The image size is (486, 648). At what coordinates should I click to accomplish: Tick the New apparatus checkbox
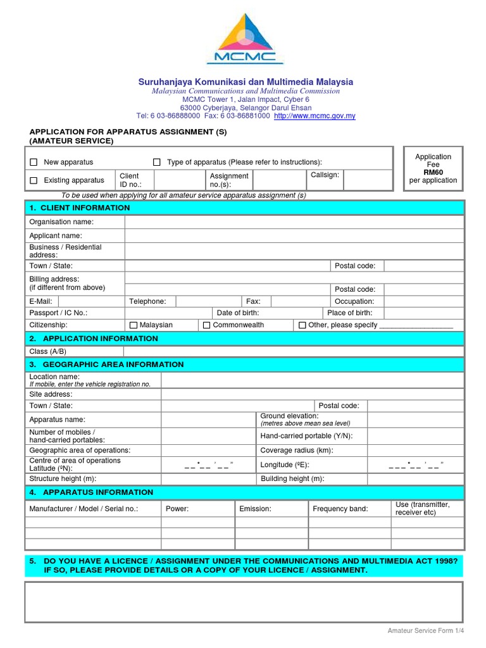pyautogui.click(x=34, y=163)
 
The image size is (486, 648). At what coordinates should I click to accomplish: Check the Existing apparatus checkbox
pyautogui.click(x=34, y=181)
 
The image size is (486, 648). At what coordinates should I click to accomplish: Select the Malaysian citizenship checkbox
pyautogui.click(x=133, y=325)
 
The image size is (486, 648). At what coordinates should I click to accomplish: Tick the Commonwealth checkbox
pyautogui.click(x=206, y=325)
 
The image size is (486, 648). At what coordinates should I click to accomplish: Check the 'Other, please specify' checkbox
pyautogui.click(x=302, y=325)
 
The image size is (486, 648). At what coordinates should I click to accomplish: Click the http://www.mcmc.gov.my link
pyautogui.click(x=315, y=116)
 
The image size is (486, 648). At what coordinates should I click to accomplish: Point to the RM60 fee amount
pyautogui.click(x=433, y=172)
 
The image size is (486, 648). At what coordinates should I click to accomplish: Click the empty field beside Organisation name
pyautogui.click(x=294, y=222)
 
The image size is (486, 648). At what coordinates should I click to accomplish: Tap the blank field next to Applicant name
pyautogui.click(x=294, y=236)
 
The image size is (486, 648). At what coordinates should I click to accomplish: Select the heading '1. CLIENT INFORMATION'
pyautogui.click(x=79, y=208)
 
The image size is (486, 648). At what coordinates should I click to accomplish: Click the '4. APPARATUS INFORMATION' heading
pyautogui.click(x=91, y=492)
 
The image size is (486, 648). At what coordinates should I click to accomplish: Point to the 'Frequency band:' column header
pyautogui.click(x=340, y=509)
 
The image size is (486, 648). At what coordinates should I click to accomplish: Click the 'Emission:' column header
pyautogui.click(x=255, y=509)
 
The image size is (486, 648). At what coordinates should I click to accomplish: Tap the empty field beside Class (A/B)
pyautogui.click(x=294, y=352)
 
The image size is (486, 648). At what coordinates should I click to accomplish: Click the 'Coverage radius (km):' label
pyautogui.click(x=297, y=451)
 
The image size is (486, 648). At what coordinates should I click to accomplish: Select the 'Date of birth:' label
pyautogui.click(x=238, y=313)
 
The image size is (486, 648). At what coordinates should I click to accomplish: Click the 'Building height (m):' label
pyautogui.click(x=292, y=479)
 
